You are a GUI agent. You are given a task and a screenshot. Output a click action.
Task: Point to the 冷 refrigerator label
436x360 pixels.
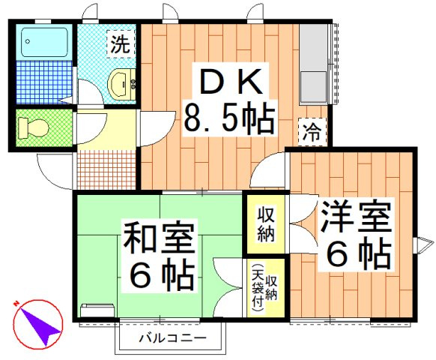[312, 133]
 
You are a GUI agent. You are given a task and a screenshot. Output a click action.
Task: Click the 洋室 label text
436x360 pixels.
[355, 218]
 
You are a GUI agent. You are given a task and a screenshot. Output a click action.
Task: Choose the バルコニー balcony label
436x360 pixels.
[172, 339]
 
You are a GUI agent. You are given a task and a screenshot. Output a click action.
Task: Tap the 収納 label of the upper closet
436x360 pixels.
[265, 223]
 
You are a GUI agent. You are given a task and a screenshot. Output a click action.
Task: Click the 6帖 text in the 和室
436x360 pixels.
[160, 277]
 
